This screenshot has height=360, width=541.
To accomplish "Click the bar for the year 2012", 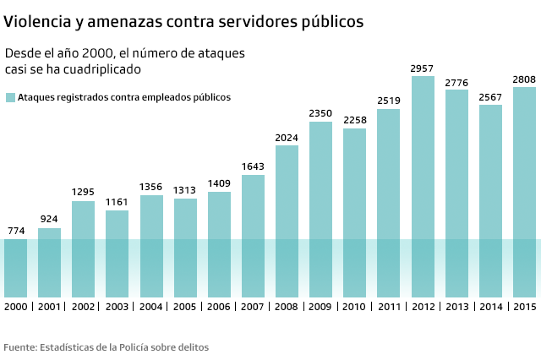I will [x=423, y=186].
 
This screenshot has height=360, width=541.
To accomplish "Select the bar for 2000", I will [x=15, y=267].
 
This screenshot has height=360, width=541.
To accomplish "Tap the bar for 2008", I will [x=287, y=221].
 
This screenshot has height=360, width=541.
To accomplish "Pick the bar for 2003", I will [x=117, y=253].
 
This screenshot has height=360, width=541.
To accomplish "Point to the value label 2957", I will [x=423, y=68].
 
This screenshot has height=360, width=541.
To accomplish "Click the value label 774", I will [x=15, y=231].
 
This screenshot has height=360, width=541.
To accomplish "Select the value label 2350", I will [x=320, y=113].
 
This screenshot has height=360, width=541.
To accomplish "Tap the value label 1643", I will [x=253, y=166].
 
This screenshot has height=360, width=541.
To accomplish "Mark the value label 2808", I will [x=524, y=79].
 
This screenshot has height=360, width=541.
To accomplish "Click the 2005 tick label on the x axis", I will [x=185, y=306].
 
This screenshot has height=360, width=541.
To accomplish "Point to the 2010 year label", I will [x=354, y=306].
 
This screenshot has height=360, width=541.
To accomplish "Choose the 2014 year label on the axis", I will [x=490, y=306].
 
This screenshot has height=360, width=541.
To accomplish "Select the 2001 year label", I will [x=49, y=306].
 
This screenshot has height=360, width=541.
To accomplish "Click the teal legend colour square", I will [x=10, y=97].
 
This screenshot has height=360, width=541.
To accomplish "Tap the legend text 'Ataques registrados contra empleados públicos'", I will [x=123, y=97].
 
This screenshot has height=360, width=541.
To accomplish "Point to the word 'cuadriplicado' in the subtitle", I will [x=100, y=68].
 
